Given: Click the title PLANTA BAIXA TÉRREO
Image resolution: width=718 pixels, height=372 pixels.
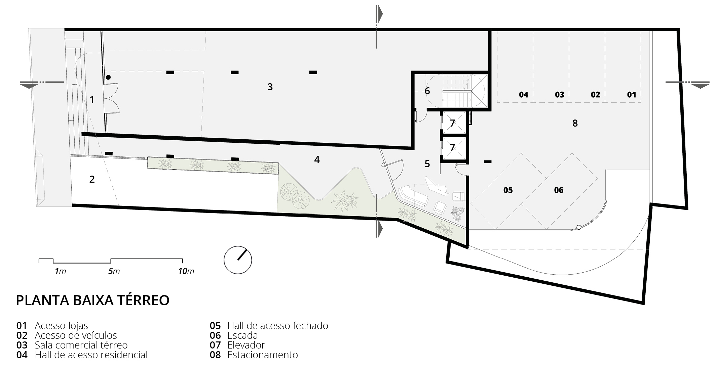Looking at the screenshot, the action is pyautogui.click(x=92, y=300).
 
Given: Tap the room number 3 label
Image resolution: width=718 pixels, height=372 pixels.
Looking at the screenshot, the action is pyautogui.click(x=270, y=87).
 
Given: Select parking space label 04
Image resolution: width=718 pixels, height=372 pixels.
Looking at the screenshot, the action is pyautogui.click(x=524, y=95).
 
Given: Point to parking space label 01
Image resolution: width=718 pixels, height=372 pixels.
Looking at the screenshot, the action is pyautogui.click(x=632, y=95).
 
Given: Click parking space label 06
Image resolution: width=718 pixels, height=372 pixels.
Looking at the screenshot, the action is pyautogui.click(x=559, y=190).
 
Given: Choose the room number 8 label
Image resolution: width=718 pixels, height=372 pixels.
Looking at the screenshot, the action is pyautogui.click(x=575, y=123).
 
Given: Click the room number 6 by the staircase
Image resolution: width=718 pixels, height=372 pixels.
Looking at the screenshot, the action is pyautogui.click(x=427, y=91).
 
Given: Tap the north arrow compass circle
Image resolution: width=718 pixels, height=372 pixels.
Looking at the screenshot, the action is pyautogui.click(x=238, y=260).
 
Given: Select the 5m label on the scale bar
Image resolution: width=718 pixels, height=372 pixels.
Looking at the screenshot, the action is pyautogui.click(x=114, y=271).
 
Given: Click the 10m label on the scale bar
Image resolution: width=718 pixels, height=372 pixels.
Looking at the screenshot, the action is pyautogui.click(x=186, y=271).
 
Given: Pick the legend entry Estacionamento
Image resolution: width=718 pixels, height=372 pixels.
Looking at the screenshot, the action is pyautogui.click(x=263, y=355).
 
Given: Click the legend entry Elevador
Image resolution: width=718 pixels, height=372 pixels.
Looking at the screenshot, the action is pyautogui.click(x=246, y=345).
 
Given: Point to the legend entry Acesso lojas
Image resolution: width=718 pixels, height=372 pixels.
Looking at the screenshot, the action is pyautogui.click(x=61, y=326).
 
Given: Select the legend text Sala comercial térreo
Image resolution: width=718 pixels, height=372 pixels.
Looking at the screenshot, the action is pyautogui.click(x=81, y=345).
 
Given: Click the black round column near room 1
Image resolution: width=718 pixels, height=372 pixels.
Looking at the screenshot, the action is pyautogui.click(x=108, y=78).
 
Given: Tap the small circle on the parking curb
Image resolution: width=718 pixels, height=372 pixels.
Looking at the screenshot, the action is pyautogui.click(x=578, y=227).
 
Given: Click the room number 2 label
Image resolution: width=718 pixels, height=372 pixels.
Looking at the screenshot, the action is pyautogui.click(x=92, y=179).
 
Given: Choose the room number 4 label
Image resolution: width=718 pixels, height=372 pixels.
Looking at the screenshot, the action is pyautogui.click(x=317, y=159).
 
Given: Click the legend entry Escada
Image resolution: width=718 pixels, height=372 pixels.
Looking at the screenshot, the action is pyautogui.click(x=242, y=335).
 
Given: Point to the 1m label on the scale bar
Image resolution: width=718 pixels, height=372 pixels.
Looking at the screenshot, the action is pyautogui.click(x=61, y=271).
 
